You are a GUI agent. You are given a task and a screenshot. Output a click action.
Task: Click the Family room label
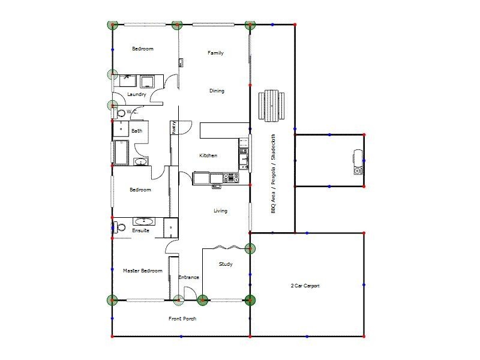pos(215,53)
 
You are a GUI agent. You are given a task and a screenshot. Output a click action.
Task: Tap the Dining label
pos(217,91)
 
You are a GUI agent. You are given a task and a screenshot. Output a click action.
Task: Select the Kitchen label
pos(208,156)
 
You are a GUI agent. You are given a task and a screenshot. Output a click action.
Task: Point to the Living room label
pos(220,211)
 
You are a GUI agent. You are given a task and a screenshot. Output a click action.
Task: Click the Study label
pos(226,264)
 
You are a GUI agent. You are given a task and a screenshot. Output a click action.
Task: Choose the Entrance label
pos(188,277)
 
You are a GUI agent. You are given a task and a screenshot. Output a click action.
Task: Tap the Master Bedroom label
pos(143,271)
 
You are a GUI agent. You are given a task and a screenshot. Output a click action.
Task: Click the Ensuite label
pos(140,230)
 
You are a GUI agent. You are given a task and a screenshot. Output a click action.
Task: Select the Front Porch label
pos(182,319)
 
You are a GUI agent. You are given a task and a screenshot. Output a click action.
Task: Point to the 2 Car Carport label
pos(305,286)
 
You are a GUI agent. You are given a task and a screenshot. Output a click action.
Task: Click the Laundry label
pos(137,94)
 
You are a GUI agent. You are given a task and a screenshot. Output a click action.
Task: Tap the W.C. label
pos(133,112)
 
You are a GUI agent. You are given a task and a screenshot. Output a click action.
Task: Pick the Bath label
pos(137,131)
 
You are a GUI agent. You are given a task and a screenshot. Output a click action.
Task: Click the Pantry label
pos(173,127)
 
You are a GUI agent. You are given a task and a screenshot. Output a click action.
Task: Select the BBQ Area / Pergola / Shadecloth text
pos(273,174)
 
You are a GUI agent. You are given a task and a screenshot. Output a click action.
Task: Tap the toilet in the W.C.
pos(121,112)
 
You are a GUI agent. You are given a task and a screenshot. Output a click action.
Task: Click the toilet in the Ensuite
pos(120,227)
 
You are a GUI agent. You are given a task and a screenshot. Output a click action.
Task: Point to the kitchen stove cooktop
pos(230,178)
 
